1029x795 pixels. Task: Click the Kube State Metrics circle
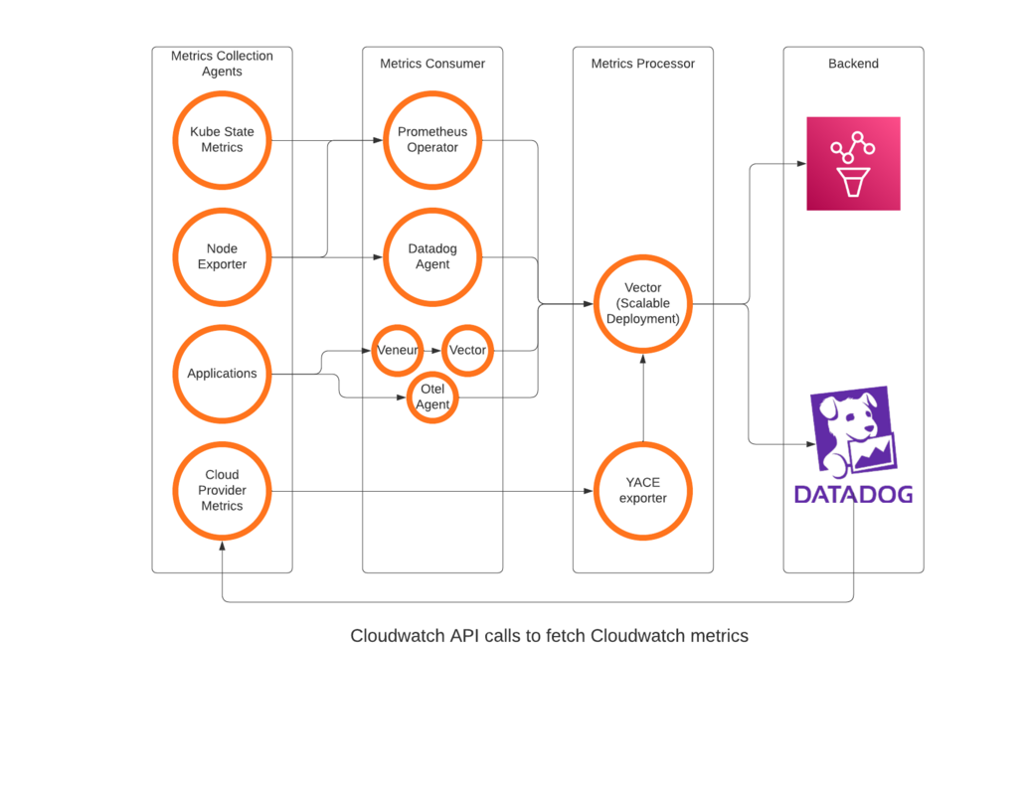tap(222, 139)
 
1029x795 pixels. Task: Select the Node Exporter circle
tap(222, 256)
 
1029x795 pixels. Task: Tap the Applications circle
tap(222, 374)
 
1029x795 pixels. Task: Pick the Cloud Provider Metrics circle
tap(222, 490)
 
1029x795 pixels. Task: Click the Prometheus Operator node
tap(432, 139)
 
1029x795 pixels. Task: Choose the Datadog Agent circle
tap(432, 256)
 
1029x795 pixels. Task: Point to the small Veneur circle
tap(398, 350)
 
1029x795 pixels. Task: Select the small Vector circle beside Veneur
tap(467, 350)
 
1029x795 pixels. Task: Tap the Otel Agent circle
tap(432, 397)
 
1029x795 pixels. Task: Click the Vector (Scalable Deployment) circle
tap(643, 303)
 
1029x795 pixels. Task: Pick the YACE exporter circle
tap(643, 490)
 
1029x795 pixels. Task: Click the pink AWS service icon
tap(853, 163)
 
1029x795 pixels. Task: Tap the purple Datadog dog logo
tap(853, 430)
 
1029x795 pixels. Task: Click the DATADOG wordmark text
tap(853, 494)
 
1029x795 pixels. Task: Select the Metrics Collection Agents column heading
tap(222, 64)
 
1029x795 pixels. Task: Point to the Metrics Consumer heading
tap(432, 64)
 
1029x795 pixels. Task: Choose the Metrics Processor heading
tap(643, 64)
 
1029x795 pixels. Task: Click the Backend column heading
tap(853, 64)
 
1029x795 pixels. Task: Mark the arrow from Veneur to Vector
tap(432, 350)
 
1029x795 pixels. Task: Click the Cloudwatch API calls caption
tap(549, 635)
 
